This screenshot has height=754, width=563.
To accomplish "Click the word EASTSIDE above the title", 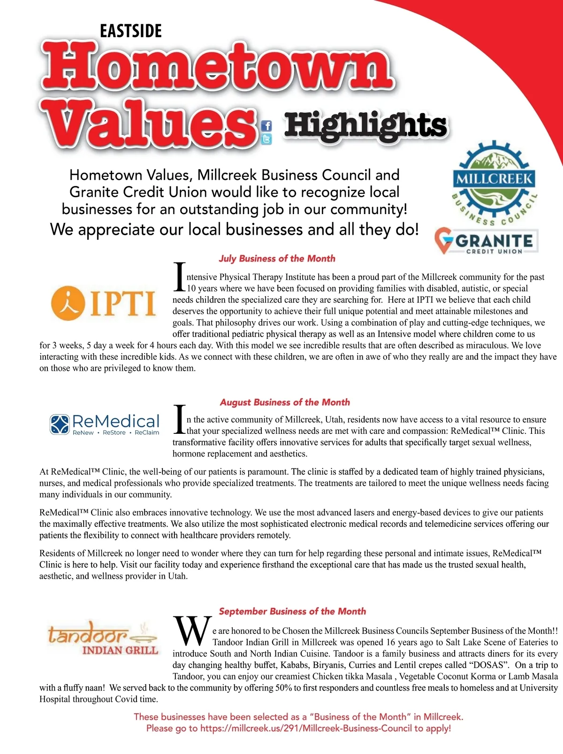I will (x=131, y=31).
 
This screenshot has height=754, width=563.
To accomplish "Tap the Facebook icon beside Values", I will (x=266, y=126).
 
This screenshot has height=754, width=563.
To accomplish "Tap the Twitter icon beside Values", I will (x=266, y=139).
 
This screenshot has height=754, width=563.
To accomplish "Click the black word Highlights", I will (x=365, y=126).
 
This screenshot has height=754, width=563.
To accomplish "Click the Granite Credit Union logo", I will (x=486, y=241).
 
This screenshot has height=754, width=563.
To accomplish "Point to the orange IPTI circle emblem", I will (x=68, y=302).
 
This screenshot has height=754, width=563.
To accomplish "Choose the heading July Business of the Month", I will (x=277, y=259).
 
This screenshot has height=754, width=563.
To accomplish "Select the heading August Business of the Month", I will (x=285, y=402).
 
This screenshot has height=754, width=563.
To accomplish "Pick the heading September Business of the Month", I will (x=292, y=611).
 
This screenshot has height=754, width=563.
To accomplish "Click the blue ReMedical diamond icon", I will (x=60, y=424).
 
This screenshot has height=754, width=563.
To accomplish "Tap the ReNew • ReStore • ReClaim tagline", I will (x=116, y=433).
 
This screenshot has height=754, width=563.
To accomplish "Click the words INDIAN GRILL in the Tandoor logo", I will (x=120, y=650).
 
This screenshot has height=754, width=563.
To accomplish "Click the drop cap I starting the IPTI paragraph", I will (x=180, y=277).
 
